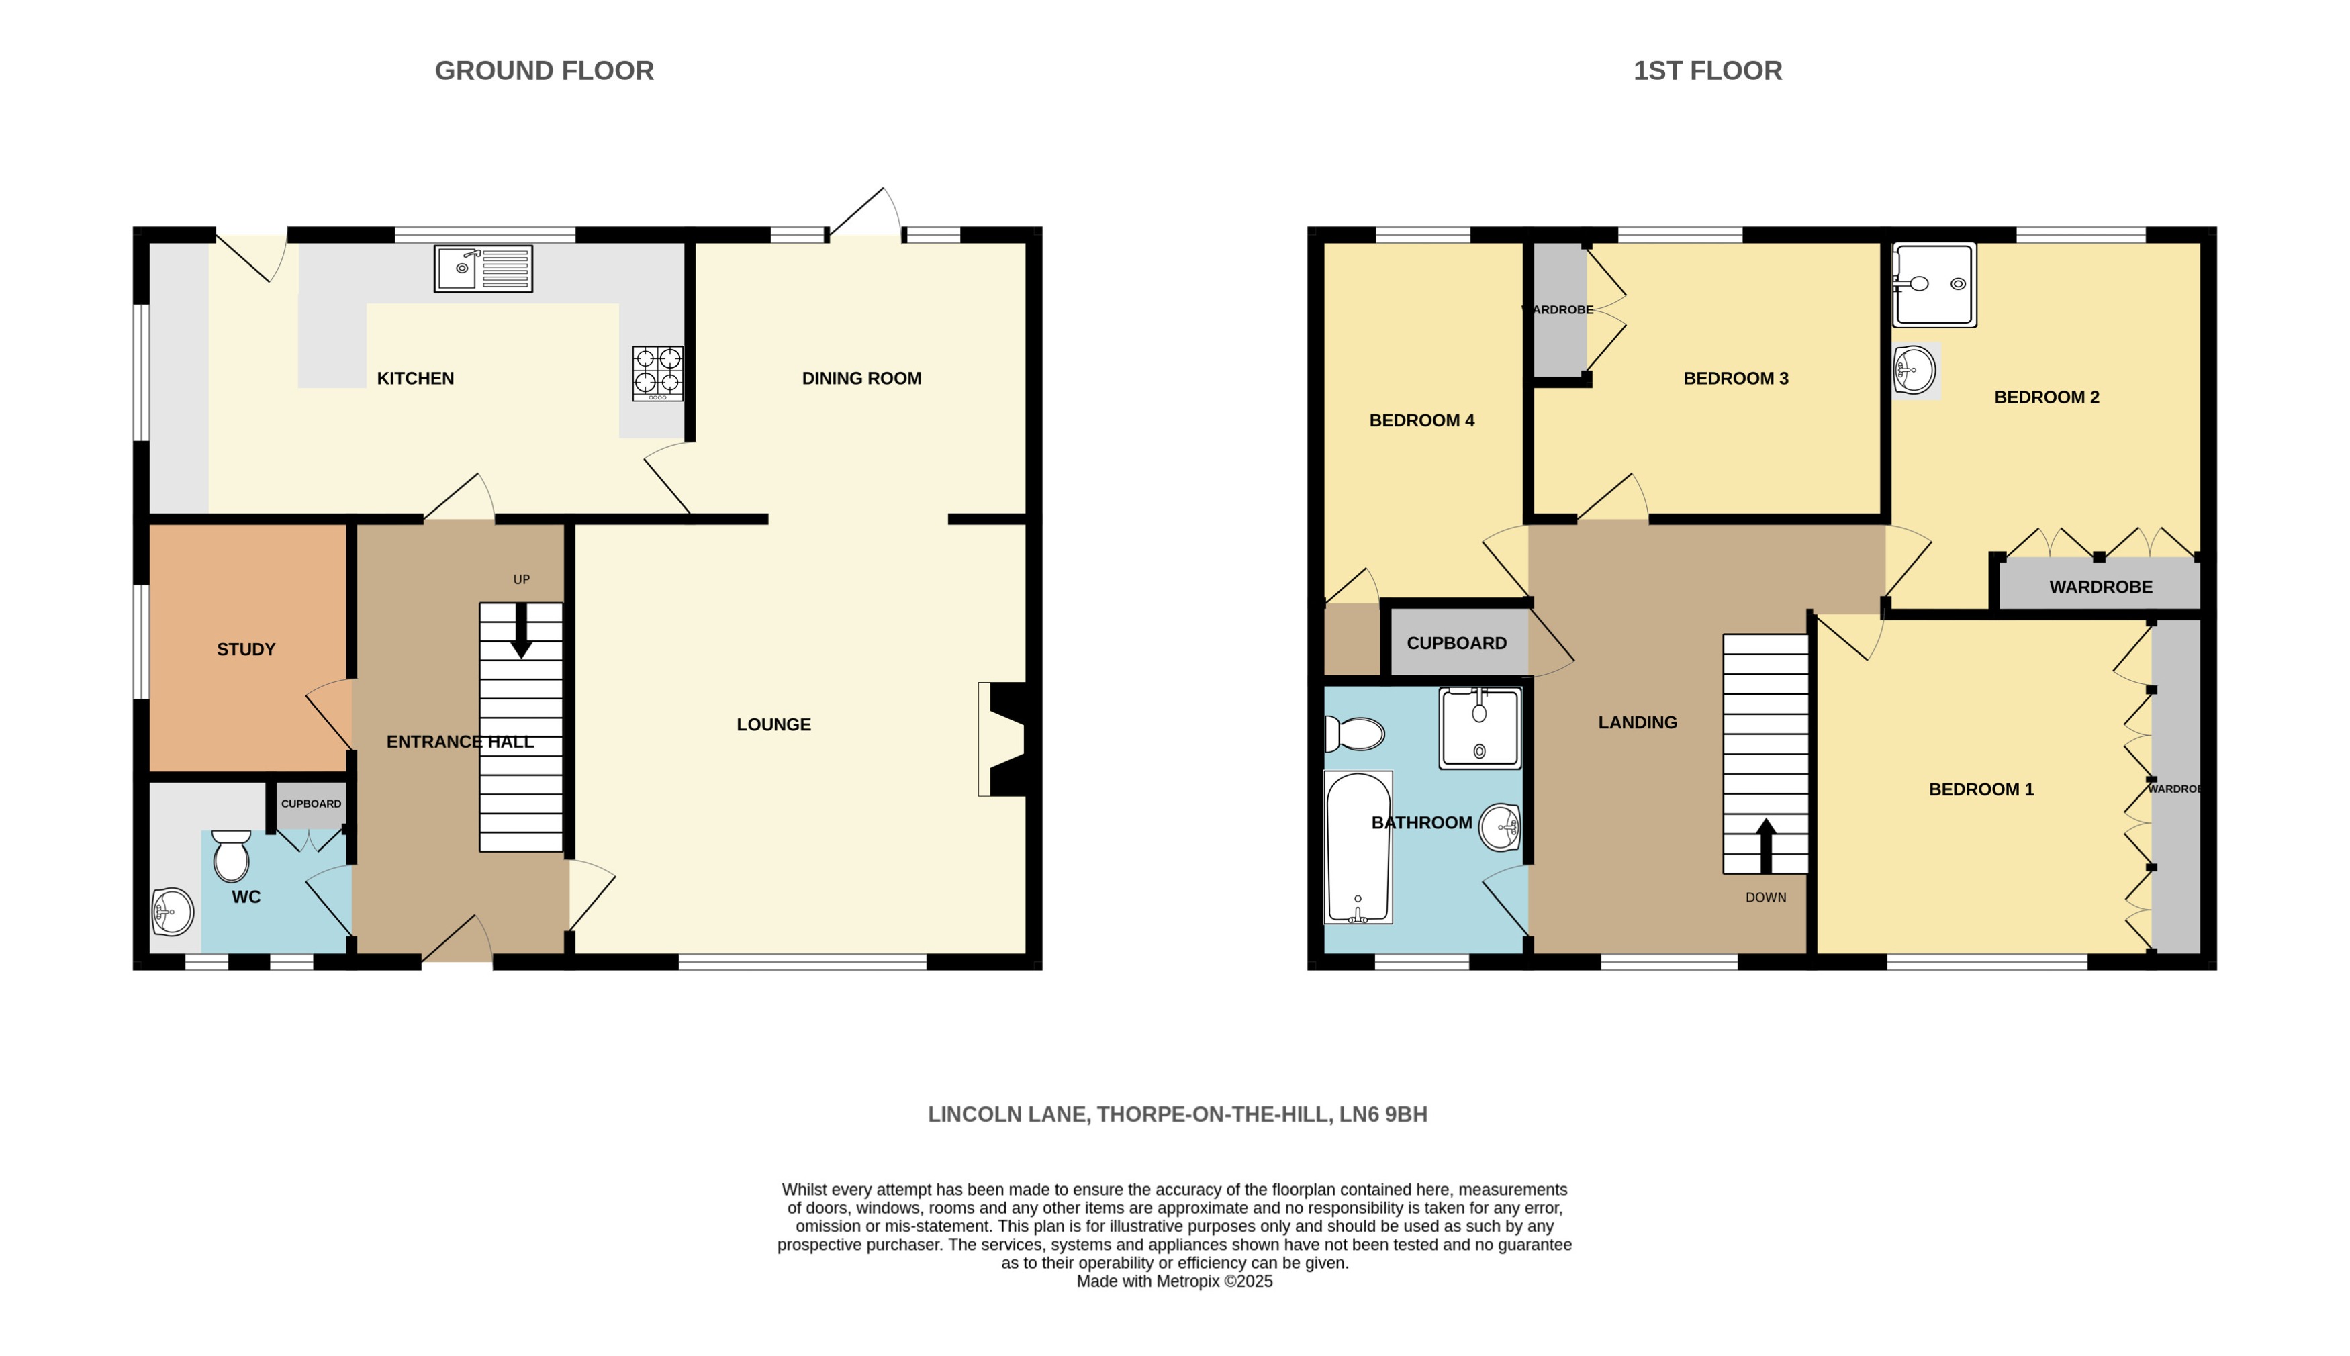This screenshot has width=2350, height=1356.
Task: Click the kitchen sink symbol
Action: tap(483, 269)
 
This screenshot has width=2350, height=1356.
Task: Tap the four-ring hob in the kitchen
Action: tap(657, 373)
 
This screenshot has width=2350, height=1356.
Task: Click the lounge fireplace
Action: tap(1004, 740)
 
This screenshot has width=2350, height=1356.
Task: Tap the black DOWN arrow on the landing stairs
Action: tap(1765, 844)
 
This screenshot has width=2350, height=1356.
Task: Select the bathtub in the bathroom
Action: tap(1358, 846)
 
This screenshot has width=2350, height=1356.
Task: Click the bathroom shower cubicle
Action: tap(1479, 728)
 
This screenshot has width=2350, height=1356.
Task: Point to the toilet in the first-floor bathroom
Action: tap(1355, 734)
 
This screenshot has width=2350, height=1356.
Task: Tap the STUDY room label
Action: tap(246, 649)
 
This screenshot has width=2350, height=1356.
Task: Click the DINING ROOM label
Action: tap(861, 378)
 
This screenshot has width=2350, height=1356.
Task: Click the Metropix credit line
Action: tap(1174, 1281)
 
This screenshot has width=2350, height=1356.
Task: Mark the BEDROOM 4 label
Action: tap(1421, 420)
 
